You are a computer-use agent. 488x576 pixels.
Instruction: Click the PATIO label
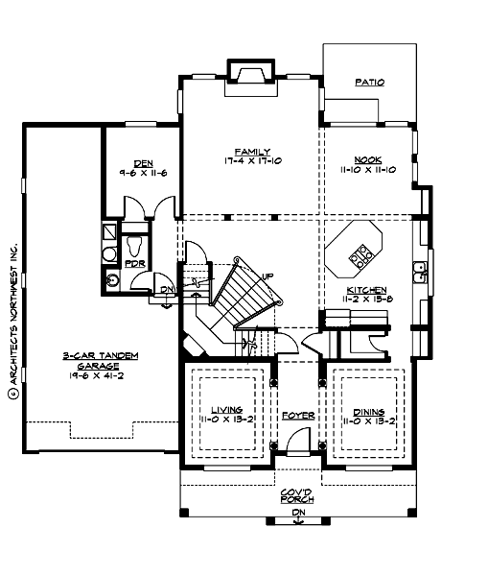pos(369,83)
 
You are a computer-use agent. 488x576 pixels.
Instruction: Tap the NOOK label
pos(369,160)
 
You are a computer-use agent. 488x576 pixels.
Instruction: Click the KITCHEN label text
pos(366,289)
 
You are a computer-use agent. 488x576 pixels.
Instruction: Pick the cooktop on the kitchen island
pos(363,253)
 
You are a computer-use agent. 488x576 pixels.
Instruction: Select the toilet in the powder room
pos(133,245)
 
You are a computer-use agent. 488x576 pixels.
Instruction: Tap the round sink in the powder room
pos(112,280)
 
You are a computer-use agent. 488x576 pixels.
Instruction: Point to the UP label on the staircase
pos(268,276)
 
